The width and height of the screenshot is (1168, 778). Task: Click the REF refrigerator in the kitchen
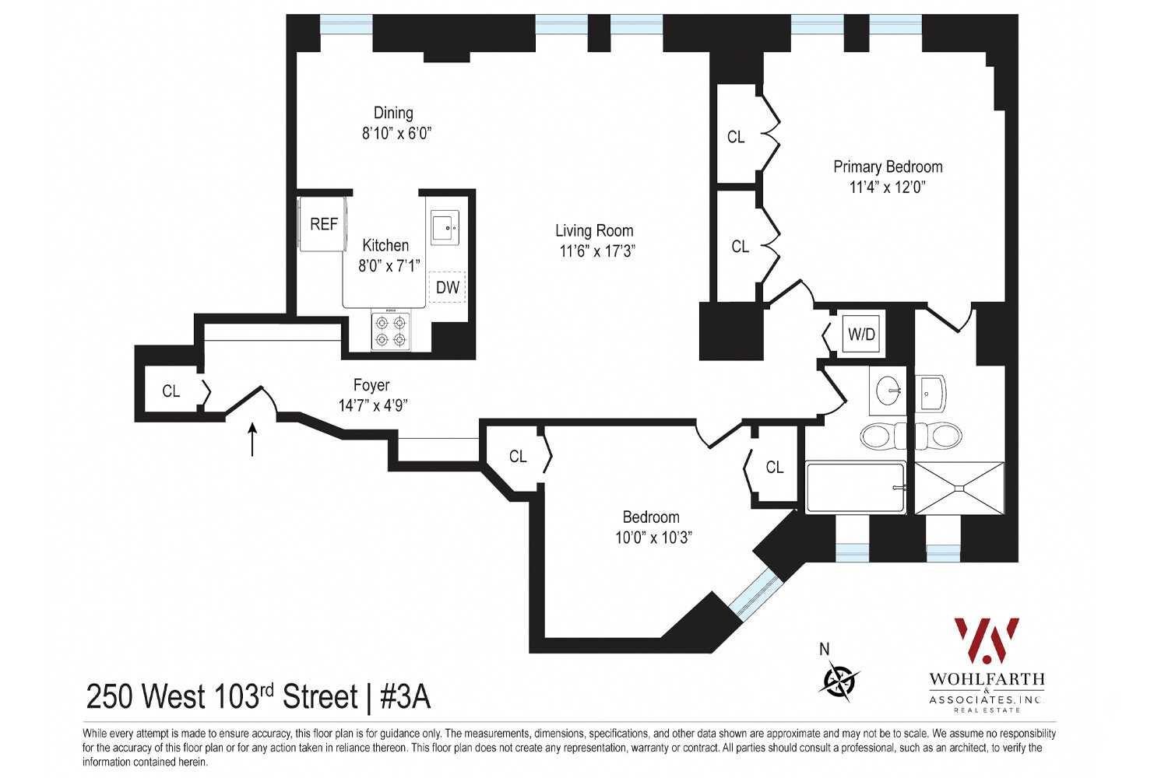323,224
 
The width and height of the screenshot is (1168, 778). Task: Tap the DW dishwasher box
447,287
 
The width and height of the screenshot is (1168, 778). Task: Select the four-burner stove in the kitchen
390,331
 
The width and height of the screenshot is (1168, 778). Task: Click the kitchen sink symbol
445,228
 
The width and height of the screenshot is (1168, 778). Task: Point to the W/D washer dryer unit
861,335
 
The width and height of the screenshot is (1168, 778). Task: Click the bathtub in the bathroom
855,488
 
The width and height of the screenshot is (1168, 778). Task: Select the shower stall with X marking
959,488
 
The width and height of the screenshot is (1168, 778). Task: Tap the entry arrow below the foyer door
252,439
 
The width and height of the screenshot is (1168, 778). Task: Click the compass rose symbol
839,681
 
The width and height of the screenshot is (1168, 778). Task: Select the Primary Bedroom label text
888,166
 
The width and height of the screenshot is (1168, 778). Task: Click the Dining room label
393,113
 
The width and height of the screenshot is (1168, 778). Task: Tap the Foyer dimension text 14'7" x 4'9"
373,405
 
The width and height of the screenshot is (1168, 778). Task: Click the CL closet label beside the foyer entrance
171,391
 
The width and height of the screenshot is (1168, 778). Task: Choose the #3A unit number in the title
405,697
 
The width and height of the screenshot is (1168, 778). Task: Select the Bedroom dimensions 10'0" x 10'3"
653,538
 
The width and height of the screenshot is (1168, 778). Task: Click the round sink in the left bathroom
888,391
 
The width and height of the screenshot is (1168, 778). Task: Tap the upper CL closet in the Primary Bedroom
736,137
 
